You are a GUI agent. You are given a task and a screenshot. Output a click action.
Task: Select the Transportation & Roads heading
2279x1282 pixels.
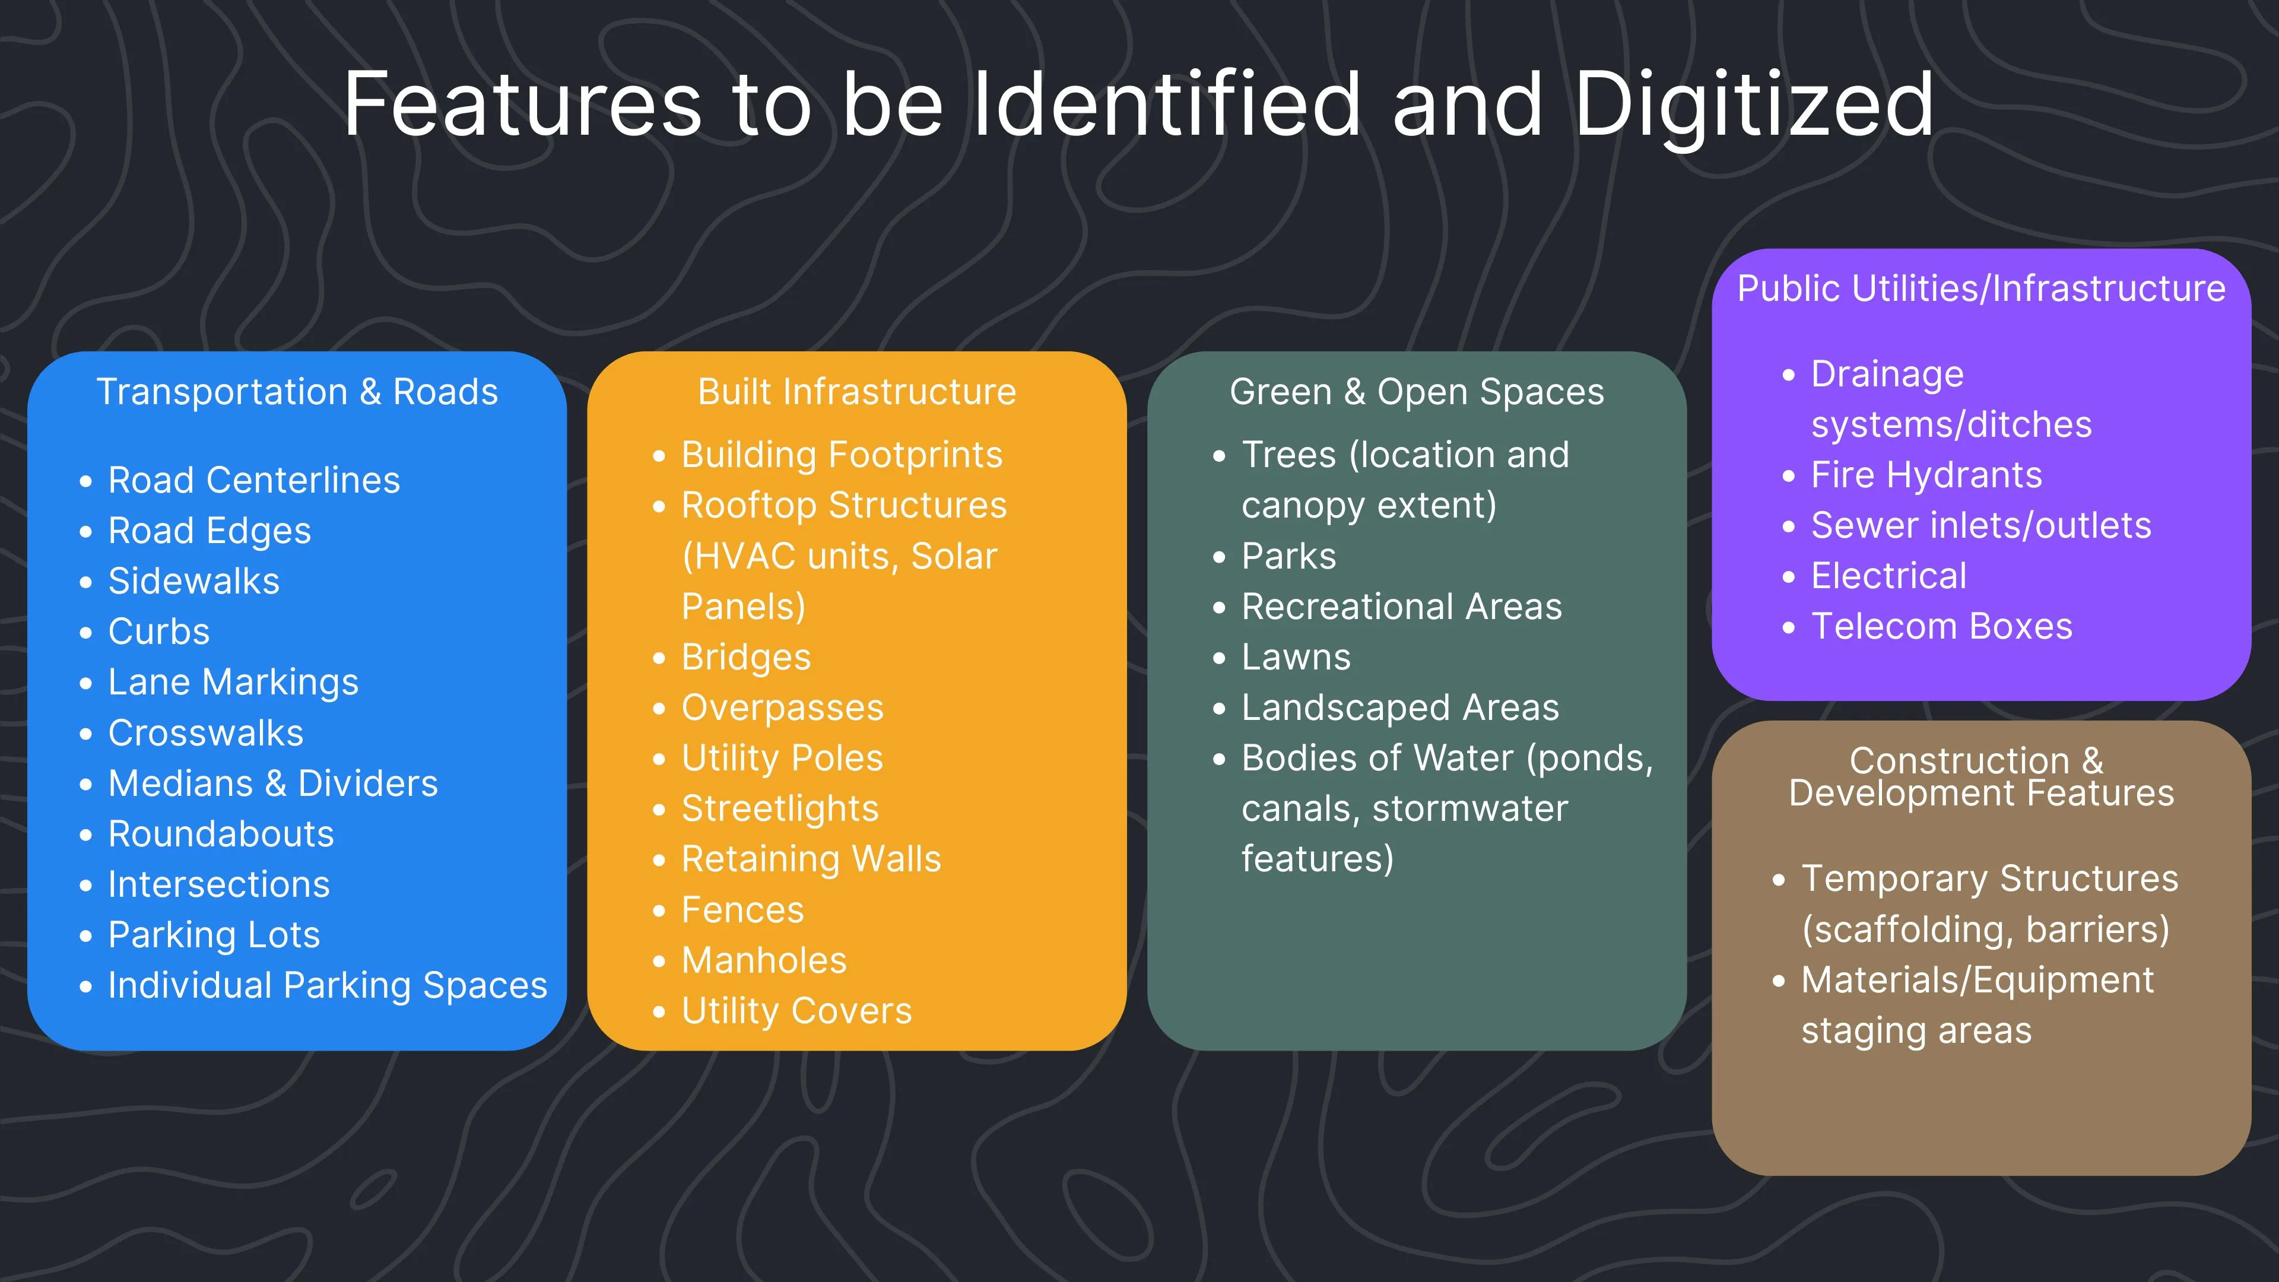[x=297, y=392]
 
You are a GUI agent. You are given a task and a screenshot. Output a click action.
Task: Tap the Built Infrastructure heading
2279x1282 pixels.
[x=856, y=392]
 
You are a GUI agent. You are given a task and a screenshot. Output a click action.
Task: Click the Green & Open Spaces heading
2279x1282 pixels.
[x=1417, y=392]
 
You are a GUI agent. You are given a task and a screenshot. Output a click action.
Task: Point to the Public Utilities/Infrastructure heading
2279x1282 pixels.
[x=1981, y=288]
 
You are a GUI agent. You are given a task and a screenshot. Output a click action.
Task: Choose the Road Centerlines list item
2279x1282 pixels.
[x=254, y=480]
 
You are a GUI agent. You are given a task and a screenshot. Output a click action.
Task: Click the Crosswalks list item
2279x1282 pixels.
[x=205, y=734]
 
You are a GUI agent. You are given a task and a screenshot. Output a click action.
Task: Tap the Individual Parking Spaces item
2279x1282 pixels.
[x=328, y=986]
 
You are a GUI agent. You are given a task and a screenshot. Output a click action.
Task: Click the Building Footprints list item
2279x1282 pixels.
[x=842, y=456]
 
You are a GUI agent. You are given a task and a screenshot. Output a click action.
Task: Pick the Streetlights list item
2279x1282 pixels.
[x=779, y=808]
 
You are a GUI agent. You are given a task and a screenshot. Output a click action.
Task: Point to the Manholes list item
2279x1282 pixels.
[x=763, y=961]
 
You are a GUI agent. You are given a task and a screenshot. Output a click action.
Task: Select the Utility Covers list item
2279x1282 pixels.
[x=796, y=1011]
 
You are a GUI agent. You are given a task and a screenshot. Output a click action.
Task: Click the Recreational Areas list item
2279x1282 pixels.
[x=1401, y=607]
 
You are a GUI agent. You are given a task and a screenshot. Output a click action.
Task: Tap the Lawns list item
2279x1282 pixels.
[x=1296, y=658]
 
